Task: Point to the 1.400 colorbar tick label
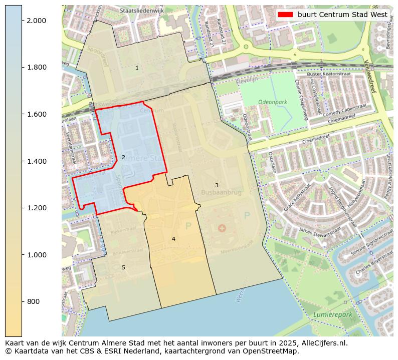36,161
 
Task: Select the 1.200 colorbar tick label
36,208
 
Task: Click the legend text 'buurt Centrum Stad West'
342,15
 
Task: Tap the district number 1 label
137,68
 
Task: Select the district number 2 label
123,157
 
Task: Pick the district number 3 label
217,185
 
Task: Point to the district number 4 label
173,239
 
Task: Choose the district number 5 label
123,267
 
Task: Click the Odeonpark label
272,102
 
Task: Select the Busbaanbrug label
221,192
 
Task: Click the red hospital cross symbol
222,228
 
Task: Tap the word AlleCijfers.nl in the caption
319,343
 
